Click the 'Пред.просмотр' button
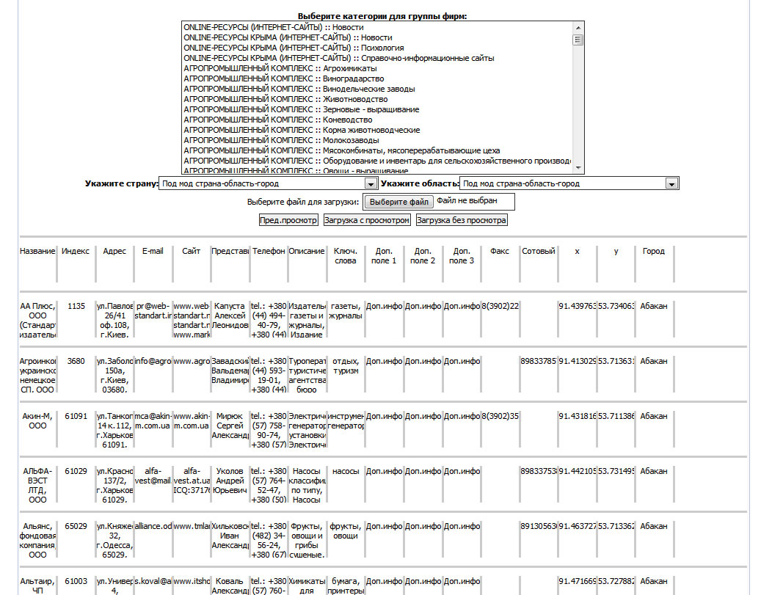[x=288, y=219]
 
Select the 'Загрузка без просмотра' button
[x=462, y=219]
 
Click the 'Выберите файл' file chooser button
[x=399, y=202]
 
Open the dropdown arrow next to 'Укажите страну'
[x=371, y=184]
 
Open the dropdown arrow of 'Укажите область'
[x=671, y=184]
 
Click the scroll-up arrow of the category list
[x=578, y=27]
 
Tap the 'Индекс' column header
[x=76, y=251]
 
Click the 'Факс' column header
[x=499, y=251]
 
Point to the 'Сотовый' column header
[x=538, y=251]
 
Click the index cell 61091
[x=76, y=416]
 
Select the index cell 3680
[x=76, y=361]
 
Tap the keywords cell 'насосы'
[x=345, y=471]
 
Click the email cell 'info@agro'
[x=153, y=361]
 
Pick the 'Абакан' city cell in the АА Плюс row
[x=653, y=306]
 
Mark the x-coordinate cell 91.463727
[x=577, y=526]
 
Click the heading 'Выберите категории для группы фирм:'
[x=382, y=15]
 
